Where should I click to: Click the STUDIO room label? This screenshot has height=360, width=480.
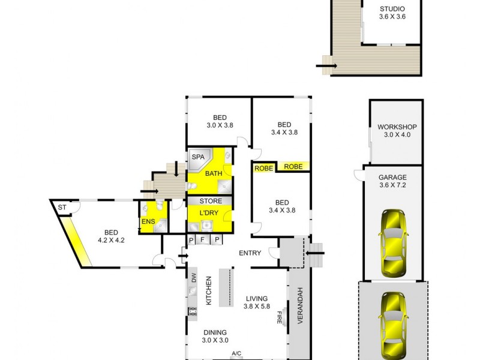tap(392, 9)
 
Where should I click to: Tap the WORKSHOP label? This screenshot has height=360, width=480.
tap(397, 127)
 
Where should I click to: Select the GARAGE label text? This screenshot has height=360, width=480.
tap(392, 178)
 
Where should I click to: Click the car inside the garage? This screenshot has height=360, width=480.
tap(392, 242)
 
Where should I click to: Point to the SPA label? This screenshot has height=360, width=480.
tap(197, 157)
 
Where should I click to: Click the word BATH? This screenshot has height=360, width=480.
tap(214, 174)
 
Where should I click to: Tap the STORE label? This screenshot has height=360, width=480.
tap(210, 201)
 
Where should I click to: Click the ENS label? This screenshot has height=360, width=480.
tap(148, 222)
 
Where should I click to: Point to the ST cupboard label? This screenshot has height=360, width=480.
tap(61, 208)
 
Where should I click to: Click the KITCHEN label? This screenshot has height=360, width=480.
tap(209, 292)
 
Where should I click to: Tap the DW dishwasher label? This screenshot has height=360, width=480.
tap(194, 277)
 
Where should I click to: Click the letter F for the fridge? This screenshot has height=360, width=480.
tap(203, 239)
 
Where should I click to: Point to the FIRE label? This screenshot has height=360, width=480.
tap(279, 318)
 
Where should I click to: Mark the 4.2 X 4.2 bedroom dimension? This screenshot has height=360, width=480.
tap(111, 241)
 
